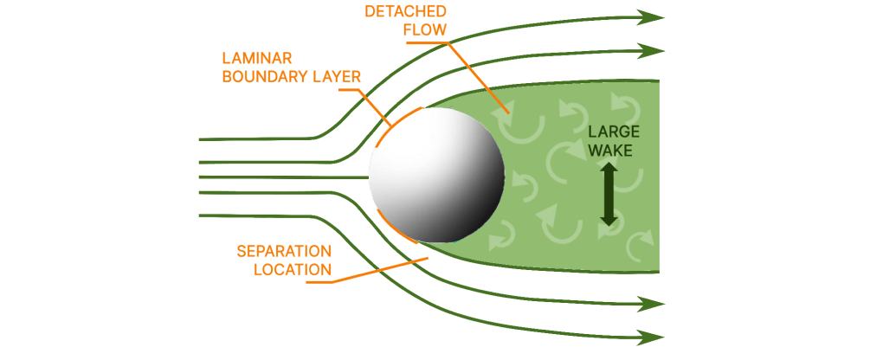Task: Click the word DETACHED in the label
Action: pyautogui.click(x=405, y=11)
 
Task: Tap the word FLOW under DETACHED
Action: pyautogui.click(x=425, y=30)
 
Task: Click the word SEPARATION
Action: pyautogui.click(x=284, y=251)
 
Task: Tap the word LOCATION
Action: pyautogui.click(x=293, y=269)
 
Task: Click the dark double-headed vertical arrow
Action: pyautogui.click(x=609, y=195)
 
